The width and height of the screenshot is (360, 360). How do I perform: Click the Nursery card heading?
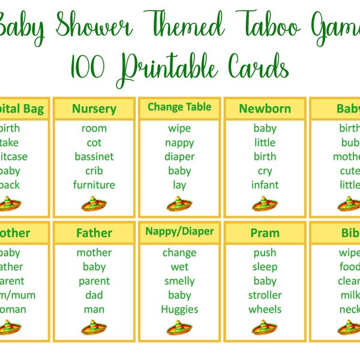(94, 109)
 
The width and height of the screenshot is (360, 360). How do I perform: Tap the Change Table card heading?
(179, 107)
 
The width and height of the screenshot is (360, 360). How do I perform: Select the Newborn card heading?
(265, 109)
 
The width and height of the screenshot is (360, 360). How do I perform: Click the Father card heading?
(94, 233)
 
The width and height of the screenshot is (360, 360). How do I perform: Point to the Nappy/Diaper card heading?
(179, 231)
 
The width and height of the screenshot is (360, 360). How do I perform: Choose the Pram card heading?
(265, 233)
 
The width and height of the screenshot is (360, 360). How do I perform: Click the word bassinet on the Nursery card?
(94, 157)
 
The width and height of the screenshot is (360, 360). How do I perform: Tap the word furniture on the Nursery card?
(94, 185)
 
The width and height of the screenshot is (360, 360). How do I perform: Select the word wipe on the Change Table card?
(179, 128)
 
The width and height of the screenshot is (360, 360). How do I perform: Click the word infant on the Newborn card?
(265, 185)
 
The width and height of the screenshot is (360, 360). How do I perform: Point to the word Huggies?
(179, 310)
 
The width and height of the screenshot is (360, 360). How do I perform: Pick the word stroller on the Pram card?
(265, 295)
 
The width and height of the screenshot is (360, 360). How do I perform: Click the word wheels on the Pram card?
(265, 310)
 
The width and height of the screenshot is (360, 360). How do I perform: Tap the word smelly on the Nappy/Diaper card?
(179, 281)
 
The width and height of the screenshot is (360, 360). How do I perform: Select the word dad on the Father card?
(94, 295)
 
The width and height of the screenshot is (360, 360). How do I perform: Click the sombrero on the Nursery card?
(94, 205)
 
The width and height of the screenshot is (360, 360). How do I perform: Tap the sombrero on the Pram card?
(265, 328)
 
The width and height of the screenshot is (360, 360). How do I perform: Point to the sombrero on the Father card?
(94, 328)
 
